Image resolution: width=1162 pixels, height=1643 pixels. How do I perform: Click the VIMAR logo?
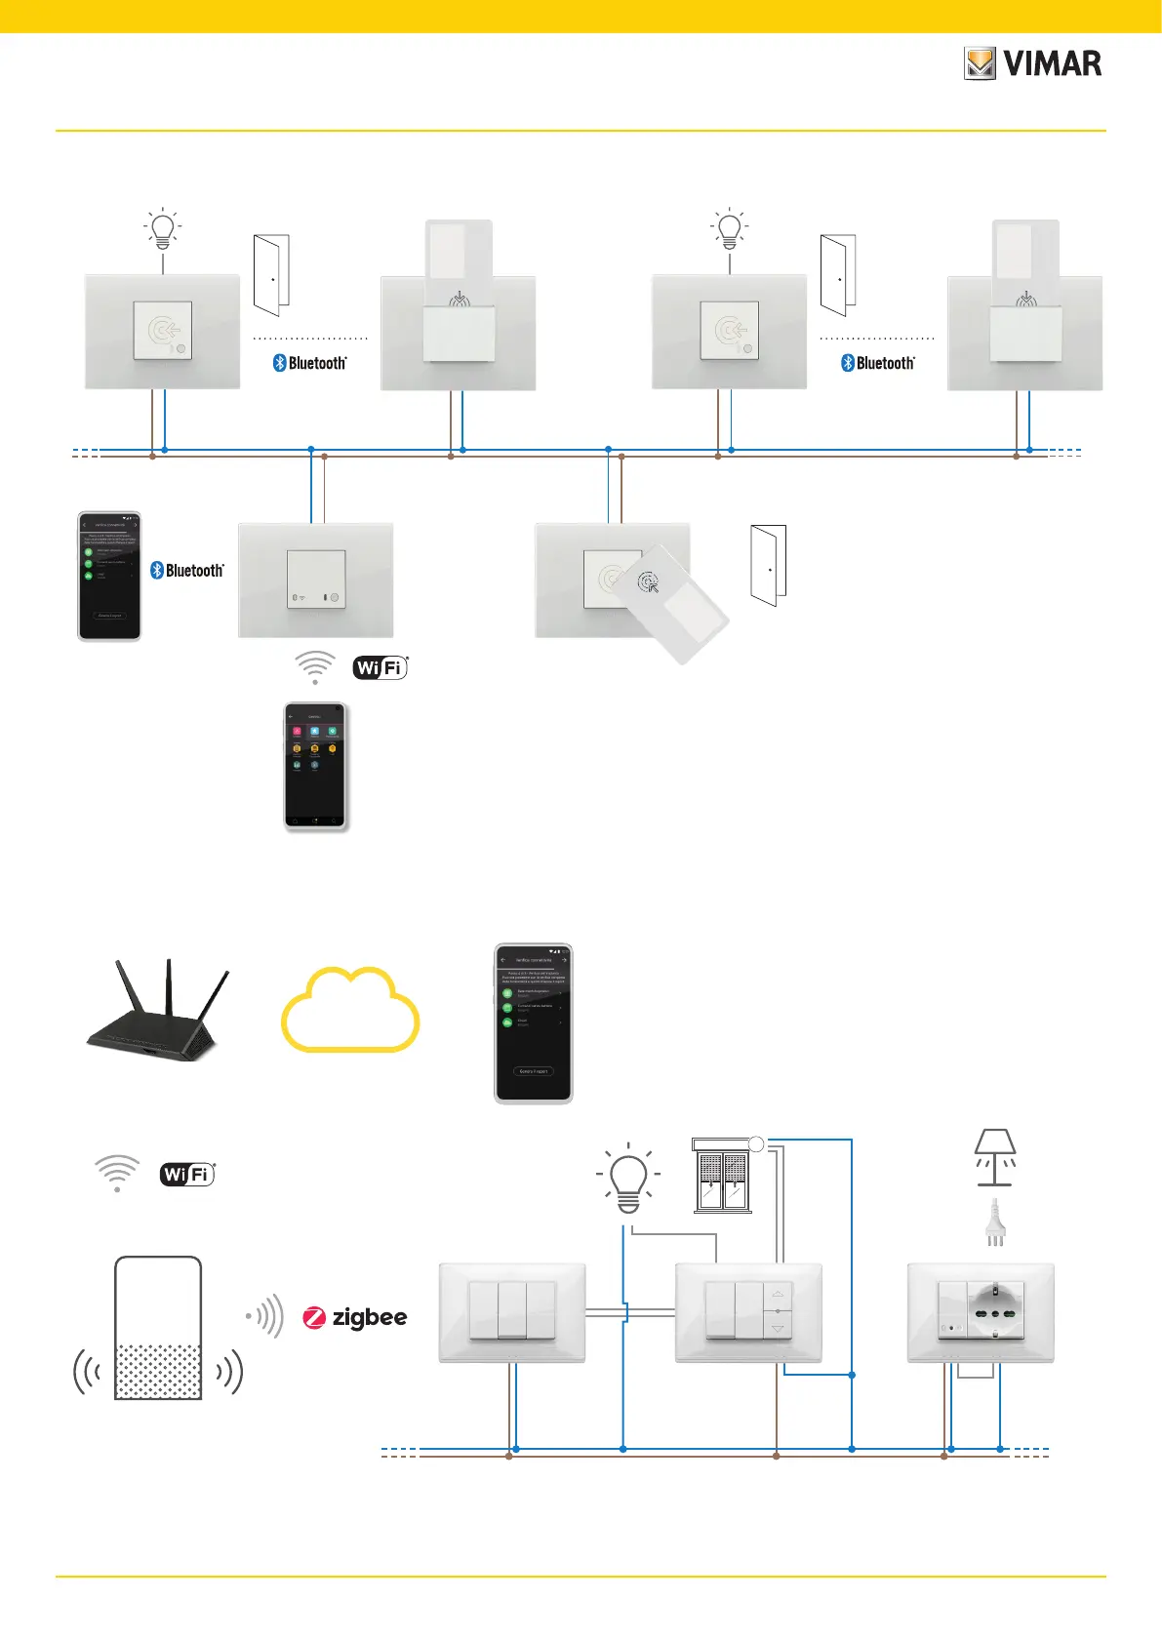1032,64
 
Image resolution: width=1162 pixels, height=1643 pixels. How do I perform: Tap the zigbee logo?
355,1318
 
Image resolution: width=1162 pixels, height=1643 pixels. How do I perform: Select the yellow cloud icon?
350,1010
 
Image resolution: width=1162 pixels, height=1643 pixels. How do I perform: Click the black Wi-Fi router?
157,1015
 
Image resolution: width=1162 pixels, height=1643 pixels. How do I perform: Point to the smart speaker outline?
158,1328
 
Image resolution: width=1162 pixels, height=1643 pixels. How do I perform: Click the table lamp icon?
995,1157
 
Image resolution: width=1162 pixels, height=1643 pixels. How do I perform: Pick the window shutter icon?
723,1176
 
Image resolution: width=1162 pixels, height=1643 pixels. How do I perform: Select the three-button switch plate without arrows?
512,1311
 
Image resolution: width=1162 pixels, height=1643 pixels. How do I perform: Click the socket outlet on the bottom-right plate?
995,1312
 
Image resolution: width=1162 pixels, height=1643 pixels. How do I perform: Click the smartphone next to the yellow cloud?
533,1023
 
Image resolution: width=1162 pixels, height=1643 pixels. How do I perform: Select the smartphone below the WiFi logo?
315,767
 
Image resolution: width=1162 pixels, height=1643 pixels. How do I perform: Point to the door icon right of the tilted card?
768,566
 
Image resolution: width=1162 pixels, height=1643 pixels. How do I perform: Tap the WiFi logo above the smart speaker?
187,1174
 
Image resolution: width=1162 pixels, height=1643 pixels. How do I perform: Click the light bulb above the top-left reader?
163,229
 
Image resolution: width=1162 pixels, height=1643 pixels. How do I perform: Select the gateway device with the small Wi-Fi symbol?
315,580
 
